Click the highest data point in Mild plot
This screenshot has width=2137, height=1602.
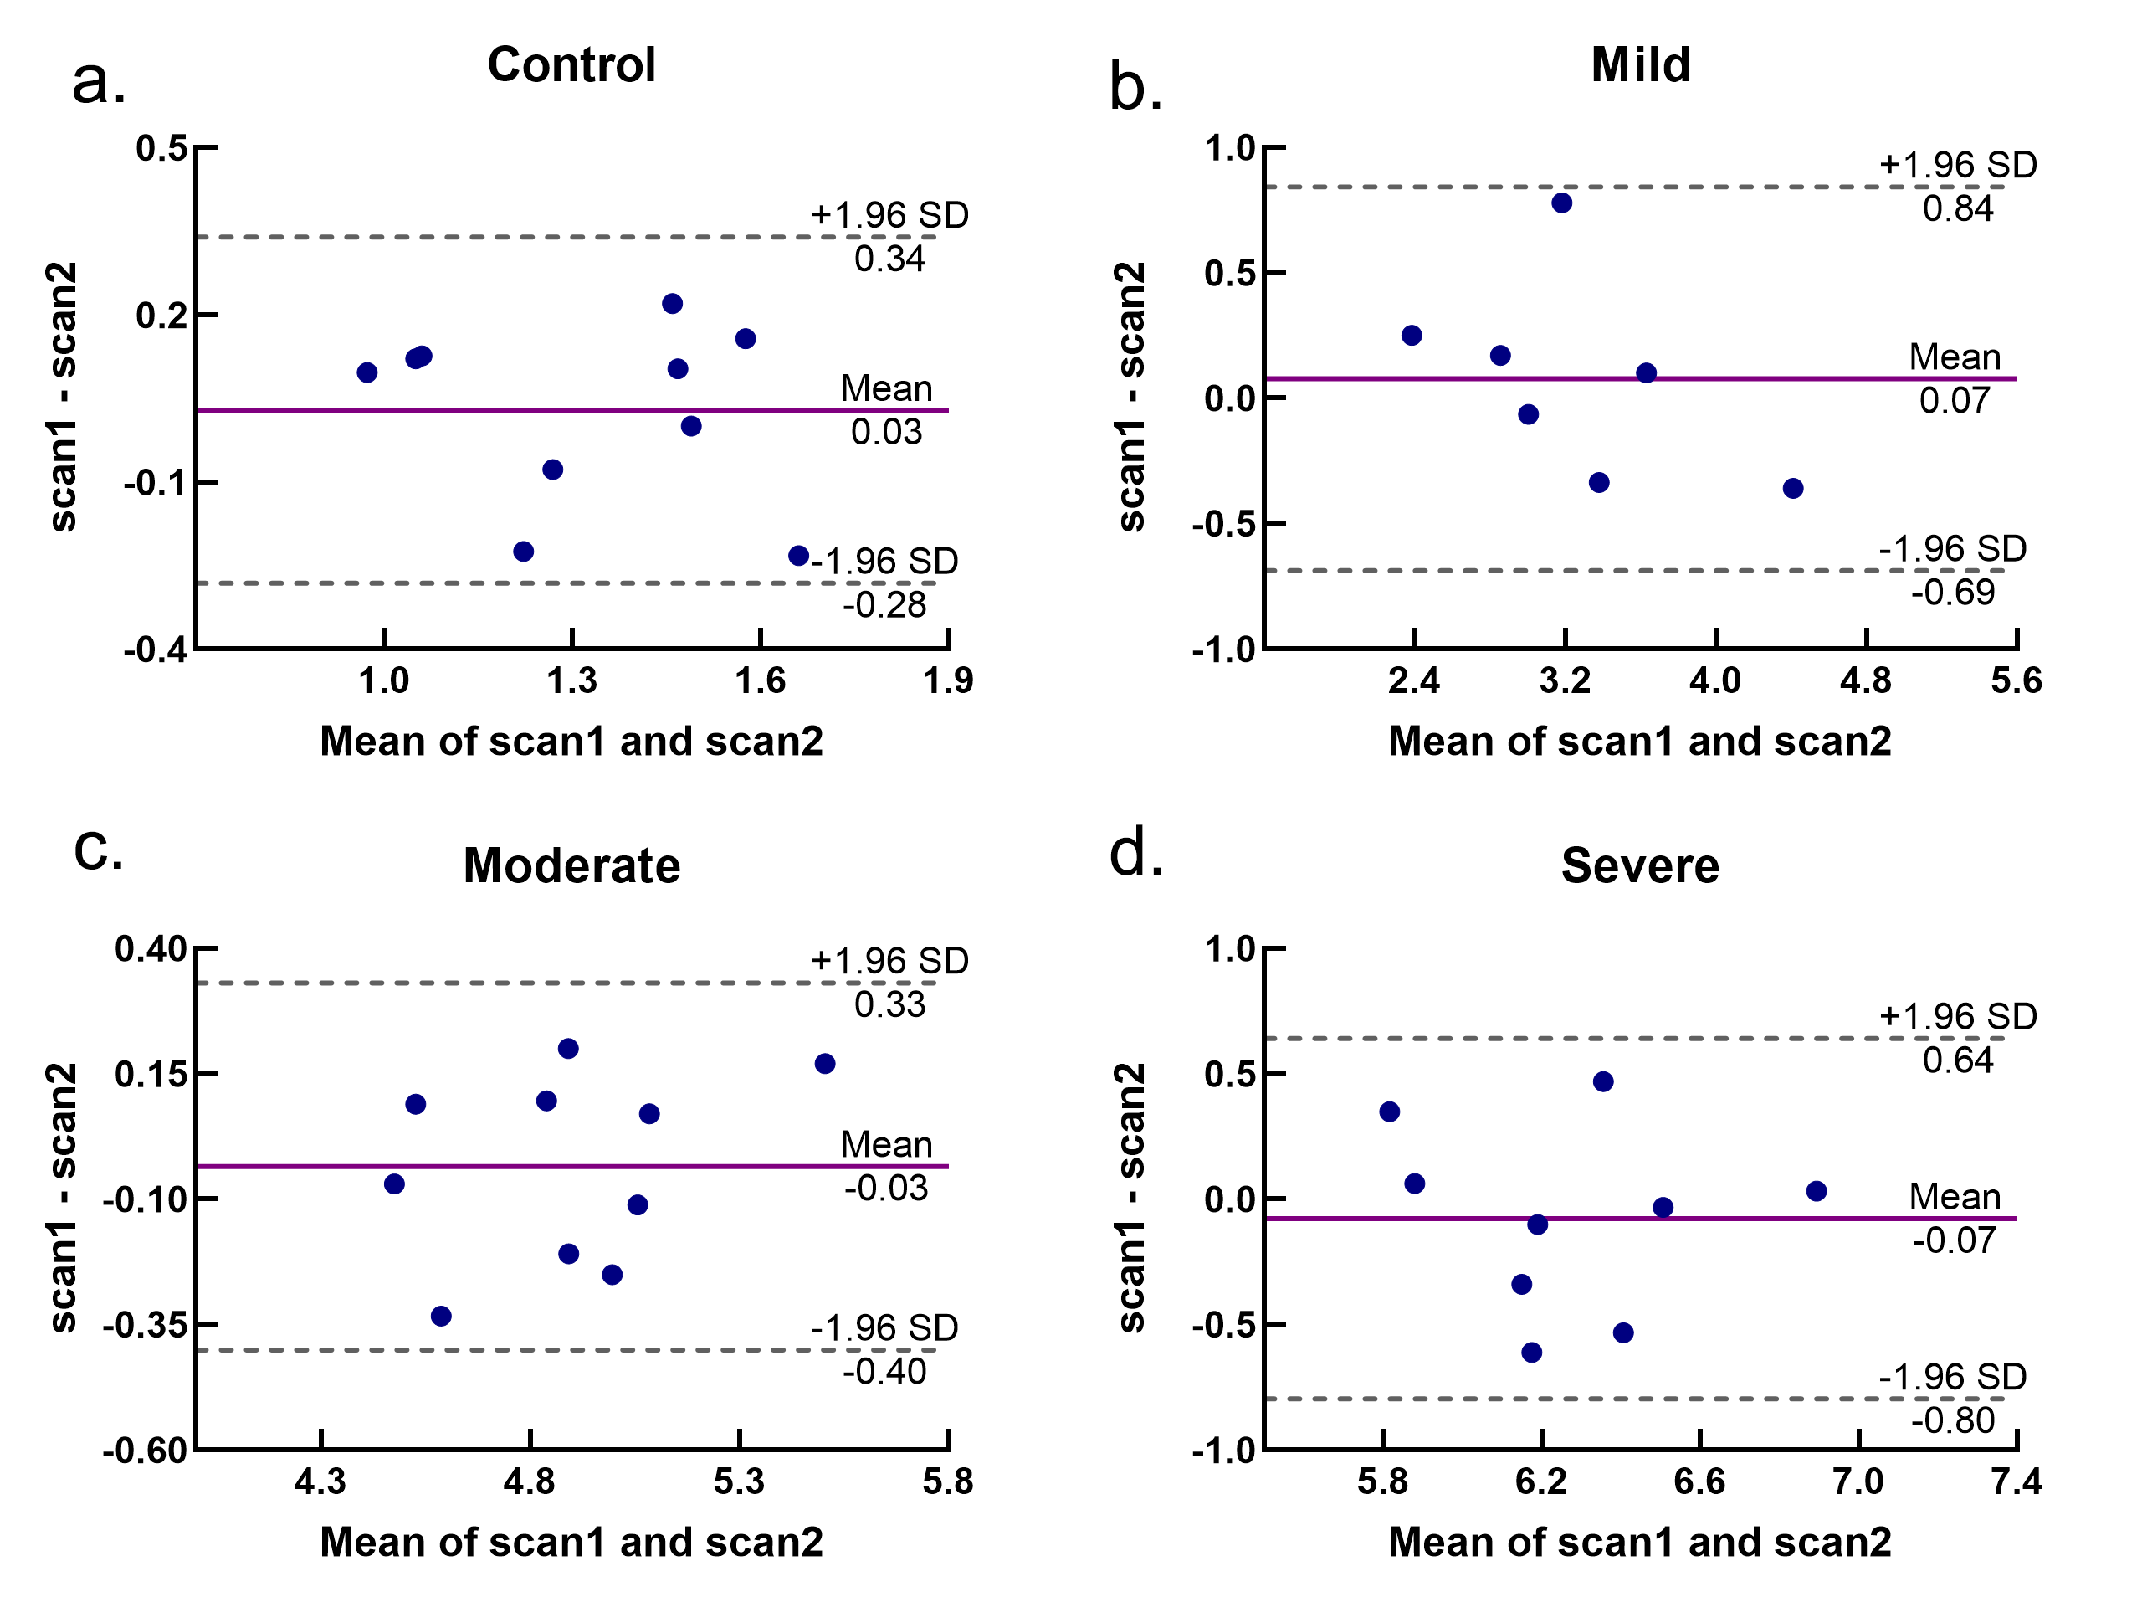pos(1561,203)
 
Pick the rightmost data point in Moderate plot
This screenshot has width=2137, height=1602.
pos(824,1064)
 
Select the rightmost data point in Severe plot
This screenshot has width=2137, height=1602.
pos(1816,1191)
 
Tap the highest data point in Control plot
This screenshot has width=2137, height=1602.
pos(673,303)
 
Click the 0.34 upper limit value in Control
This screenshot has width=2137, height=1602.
pos(889,259)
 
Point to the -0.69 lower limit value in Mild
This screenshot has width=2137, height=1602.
pos(1952,591)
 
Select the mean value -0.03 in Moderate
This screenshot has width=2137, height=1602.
pos(885,1188)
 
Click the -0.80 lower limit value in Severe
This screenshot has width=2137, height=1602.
pos(1952,1420)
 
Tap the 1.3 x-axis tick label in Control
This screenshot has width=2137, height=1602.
pos(572,681)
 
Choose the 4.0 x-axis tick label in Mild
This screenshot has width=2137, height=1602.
pos(1714,681)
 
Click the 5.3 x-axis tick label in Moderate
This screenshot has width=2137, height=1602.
pos(738,1481)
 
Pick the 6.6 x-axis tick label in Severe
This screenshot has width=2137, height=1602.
pos(1699,1481)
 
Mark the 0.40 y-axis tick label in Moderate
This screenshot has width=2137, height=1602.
pos(151,949)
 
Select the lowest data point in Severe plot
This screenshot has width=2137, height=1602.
pos(1531,1352)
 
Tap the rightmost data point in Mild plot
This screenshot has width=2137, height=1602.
pos(1792,488)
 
